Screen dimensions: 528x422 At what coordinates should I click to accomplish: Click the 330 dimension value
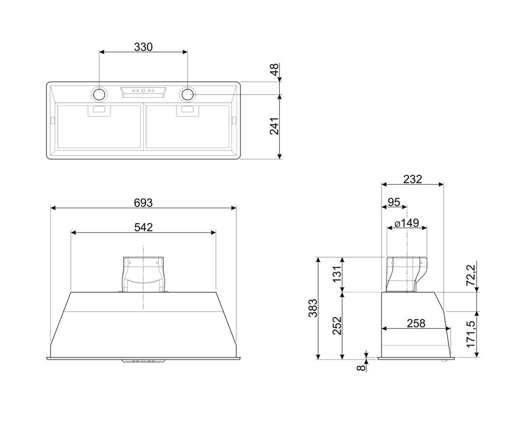click(143, 47)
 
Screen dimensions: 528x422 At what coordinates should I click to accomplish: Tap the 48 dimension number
click(275, 69)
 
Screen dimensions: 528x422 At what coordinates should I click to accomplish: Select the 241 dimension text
click(275, 126)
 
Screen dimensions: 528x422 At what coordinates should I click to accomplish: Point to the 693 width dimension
click(143, 203)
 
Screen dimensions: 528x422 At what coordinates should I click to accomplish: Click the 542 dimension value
click(143, 227)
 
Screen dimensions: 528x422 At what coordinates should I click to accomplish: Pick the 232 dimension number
click(413, 179)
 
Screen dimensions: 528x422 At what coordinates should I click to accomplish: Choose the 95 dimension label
click(394, 202)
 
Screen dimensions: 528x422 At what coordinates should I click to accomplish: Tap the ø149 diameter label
click(407, 223)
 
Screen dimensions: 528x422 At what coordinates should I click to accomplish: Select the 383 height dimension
click(313, 308)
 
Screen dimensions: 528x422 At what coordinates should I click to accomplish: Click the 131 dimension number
click(337, 274)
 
